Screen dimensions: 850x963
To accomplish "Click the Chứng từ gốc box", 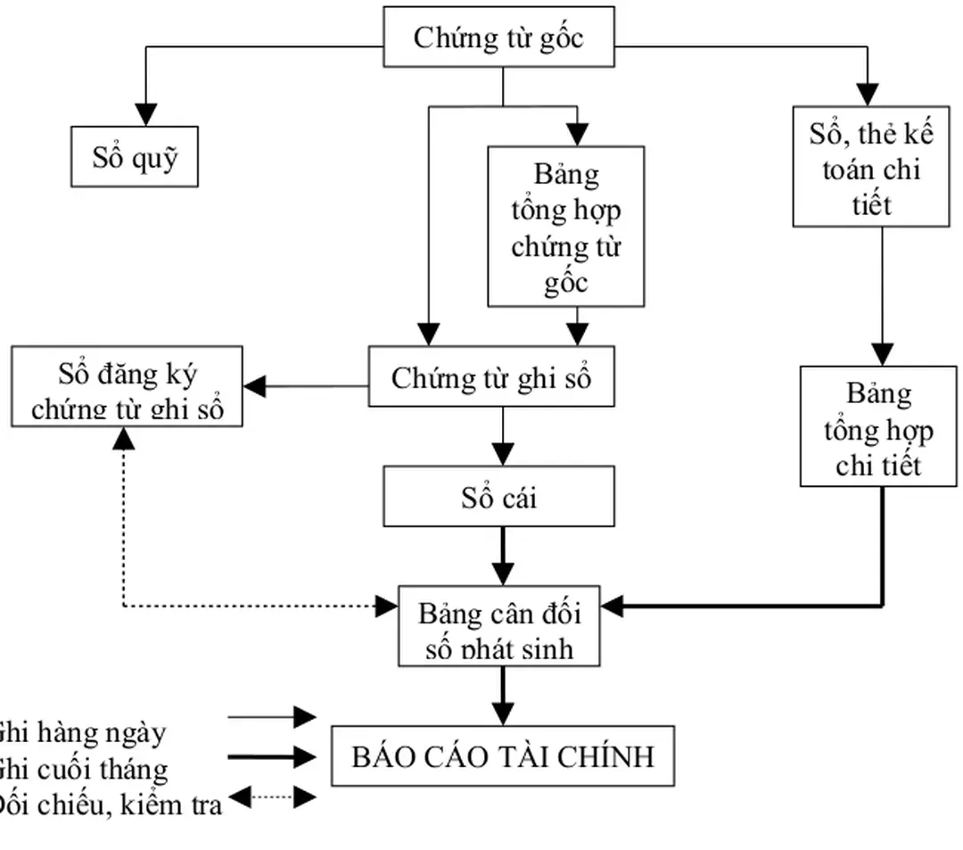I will [x=498, y=37].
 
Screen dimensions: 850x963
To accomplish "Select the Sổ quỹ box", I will [x=135, y=157].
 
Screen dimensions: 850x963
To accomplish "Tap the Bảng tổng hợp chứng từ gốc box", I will [x=565, y=227].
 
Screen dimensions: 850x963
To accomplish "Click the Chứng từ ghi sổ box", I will [x=491, y=377].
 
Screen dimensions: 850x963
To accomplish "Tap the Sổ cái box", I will [x=498, y=496].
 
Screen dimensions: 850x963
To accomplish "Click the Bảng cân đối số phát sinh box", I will [x=498, y=626].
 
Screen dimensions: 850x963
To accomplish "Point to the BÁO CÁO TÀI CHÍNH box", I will [x=503, y=756].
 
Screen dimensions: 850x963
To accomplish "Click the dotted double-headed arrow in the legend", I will [x=272, y=796].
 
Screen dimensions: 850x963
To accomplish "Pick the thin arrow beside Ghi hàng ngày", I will [x=272, y=716].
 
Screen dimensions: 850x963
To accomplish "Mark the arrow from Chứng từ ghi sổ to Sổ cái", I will [x=503, y=435].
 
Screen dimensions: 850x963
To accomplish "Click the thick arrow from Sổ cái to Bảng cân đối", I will [x=503, y=555].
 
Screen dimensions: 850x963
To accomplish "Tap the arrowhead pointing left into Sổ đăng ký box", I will [x=255, y=386].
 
